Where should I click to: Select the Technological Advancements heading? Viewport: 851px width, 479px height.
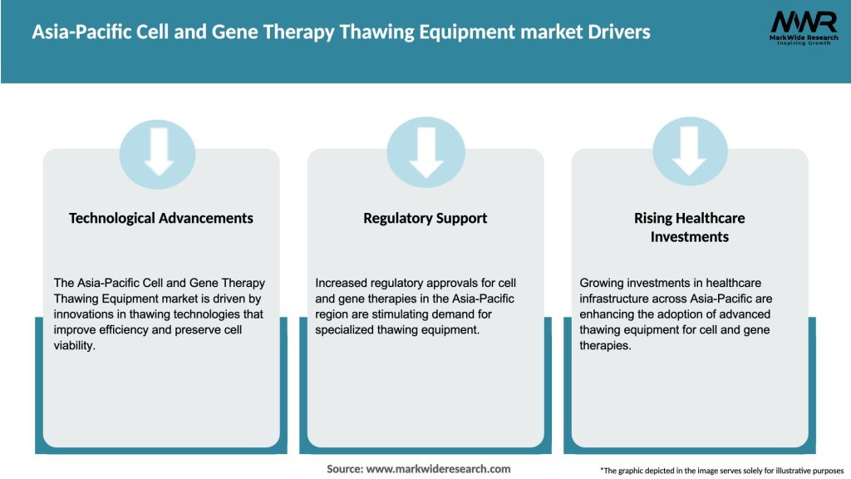click(x=160, y=218)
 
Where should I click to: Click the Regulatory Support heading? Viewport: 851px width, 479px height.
click(x=425, y=218)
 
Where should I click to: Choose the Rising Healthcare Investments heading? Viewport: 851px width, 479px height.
click(x=689, y=227)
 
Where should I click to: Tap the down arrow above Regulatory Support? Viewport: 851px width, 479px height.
click(x=425, y=152)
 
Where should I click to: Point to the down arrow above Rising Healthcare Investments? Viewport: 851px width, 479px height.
click(x=689, y=152)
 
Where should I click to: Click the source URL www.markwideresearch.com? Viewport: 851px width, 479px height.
click(x=439, y=469)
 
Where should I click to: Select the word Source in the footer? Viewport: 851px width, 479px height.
click(x=344, y=469)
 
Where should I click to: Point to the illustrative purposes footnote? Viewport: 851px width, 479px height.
click(x=721, y=471)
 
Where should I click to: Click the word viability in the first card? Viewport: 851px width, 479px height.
click(x=76, y=345)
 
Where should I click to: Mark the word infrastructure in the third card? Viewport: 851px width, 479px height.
click(x=616, y=299)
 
